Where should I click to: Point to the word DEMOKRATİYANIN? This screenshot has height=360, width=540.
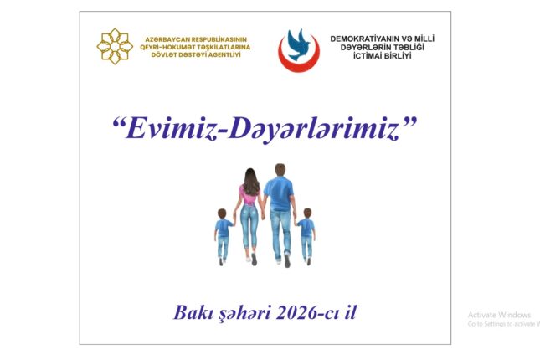(365, 39)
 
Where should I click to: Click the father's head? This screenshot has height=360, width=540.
(280, 170)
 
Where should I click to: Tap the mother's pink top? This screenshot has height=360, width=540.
(249, 196)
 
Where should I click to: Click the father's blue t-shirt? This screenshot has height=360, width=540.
(280, 193)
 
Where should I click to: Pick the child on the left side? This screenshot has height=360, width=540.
(223, 234)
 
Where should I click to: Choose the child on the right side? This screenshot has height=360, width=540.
(306, 234)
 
